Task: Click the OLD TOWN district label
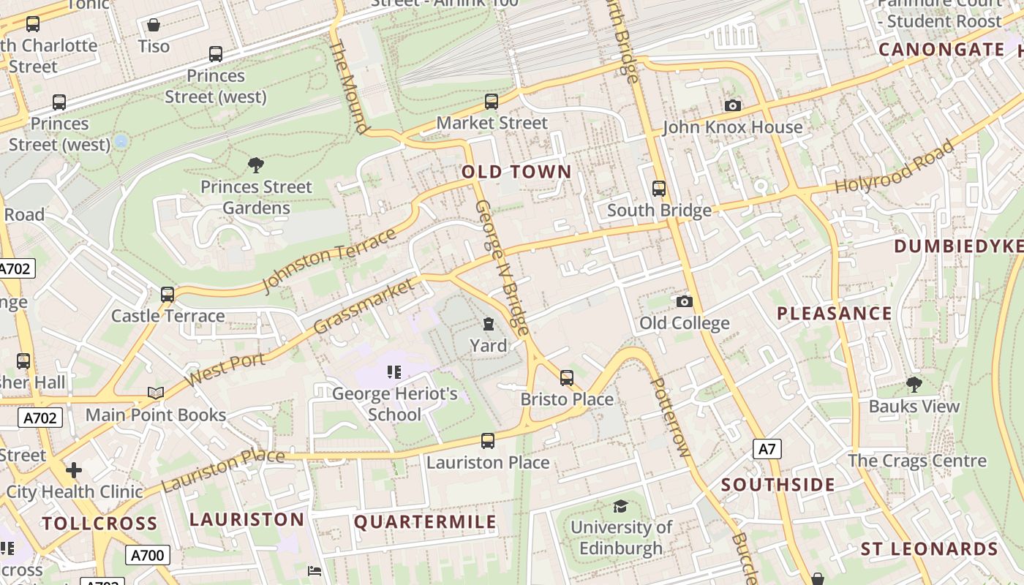(x=516, y=172)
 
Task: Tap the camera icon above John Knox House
(x=732, y=106)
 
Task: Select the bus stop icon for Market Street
(x=492, y=102)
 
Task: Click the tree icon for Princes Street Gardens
(x=255, y=165)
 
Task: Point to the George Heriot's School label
(x=394, y=404)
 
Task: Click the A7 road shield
(x=767, y=448)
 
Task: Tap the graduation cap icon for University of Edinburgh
(x=620, y=506)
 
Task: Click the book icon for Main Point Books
(x=156, y=393)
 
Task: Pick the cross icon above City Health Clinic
(x=73, y=470)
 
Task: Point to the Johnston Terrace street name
(x=329, y=260)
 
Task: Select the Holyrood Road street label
(x=895, y=167)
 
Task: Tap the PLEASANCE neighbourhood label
(x=834, y=314)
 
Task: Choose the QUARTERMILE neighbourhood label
(x=425, y=522)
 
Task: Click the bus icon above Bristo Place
(x=567, y=378)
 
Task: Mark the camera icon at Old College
(x=684, y=301)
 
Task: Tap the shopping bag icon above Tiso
(x=154, y=25)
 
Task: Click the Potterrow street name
(x=670, y=418)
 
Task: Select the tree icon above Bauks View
(x=914, y=385)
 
